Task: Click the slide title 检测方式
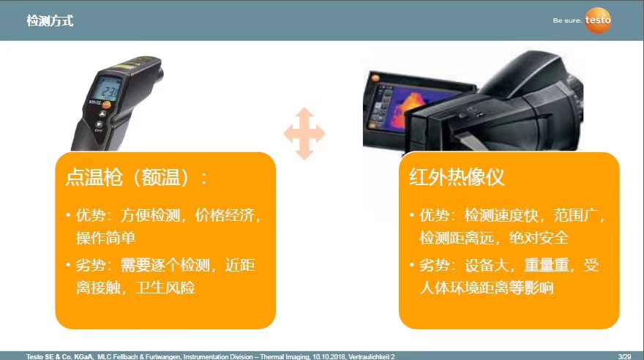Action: click(x=50, y=20)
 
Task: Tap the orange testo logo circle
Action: click(x=598, y=20)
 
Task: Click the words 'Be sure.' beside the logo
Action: click(x=566, y=20)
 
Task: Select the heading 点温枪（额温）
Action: click(x=128, y=177)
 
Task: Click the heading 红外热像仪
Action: click(x=457, y=177)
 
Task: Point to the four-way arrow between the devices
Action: click(x=304, y=133)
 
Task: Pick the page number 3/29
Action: click(x=625, y=357)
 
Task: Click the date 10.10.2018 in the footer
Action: click(x=329, y=357)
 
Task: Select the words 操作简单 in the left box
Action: click(x=105, y=238)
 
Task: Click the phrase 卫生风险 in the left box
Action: click(x=165, y=288)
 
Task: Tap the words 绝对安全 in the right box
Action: click(x=539, y=238)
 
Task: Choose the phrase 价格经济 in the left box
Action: click(x=225, y=215)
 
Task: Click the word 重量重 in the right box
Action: click(x=547, y=265)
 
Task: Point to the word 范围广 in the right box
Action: click(x=576, y=215)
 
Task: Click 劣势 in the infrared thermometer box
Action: click(x=91, y=265)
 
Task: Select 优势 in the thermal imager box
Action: click(x=434, y=215)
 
